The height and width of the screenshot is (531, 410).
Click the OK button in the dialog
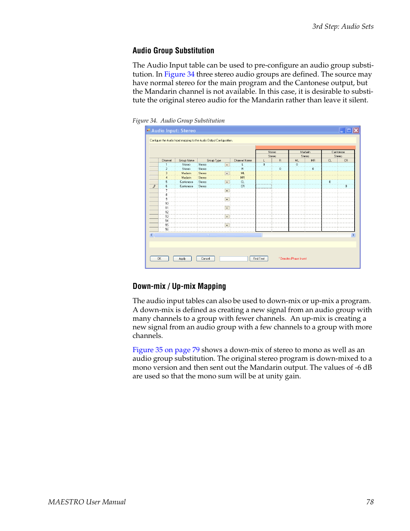[159, 259]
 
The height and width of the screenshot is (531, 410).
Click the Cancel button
[205, 259]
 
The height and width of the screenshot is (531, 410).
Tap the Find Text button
[259, 259]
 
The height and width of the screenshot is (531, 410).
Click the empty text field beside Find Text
[233, 259]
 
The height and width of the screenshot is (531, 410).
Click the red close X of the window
[356, 131]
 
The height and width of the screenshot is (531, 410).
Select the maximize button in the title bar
[349, 131]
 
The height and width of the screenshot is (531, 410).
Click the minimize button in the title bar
[342, 131]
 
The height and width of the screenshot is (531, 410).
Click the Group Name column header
[187, 160]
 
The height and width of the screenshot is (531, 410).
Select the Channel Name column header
[243, 160]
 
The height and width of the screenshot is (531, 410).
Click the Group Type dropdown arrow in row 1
[227, 165]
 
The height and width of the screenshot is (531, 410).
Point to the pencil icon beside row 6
[154, 186]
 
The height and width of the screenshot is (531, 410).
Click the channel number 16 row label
[167, 229]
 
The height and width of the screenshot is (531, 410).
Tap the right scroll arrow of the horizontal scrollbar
[353, 235]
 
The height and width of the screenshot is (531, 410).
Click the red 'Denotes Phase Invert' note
[293, 259]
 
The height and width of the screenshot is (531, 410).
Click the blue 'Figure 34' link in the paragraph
[179, 74]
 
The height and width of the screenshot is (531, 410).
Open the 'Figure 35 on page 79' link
[166, 350]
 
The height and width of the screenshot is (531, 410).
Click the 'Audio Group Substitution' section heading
[173, 51]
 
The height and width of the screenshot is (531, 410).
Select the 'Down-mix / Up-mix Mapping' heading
[179, 286]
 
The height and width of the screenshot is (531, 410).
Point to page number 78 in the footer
[370, 502]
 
